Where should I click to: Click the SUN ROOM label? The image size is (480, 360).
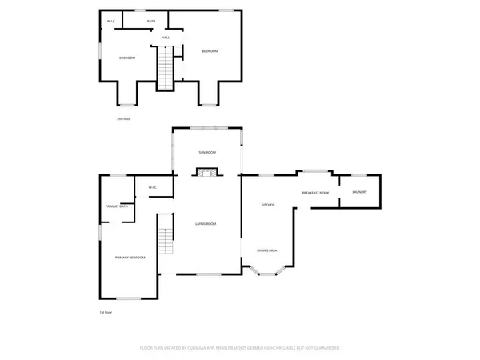207,152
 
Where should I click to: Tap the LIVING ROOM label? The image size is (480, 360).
206,224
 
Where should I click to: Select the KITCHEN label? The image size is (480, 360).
268,206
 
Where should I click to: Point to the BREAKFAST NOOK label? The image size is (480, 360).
316,194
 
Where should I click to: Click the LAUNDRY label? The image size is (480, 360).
358,192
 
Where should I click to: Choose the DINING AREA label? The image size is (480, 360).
267,251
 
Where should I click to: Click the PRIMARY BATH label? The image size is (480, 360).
117,207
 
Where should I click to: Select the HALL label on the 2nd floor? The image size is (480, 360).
166,38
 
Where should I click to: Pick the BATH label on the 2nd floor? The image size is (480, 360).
150,22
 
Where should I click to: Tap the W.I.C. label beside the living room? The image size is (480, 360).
152,188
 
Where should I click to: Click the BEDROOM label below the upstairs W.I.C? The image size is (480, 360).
127,58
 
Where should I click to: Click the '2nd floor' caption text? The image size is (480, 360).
123,118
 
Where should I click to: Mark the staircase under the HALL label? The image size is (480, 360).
166,67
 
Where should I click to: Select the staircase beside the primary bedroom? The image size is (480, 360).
166,234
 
